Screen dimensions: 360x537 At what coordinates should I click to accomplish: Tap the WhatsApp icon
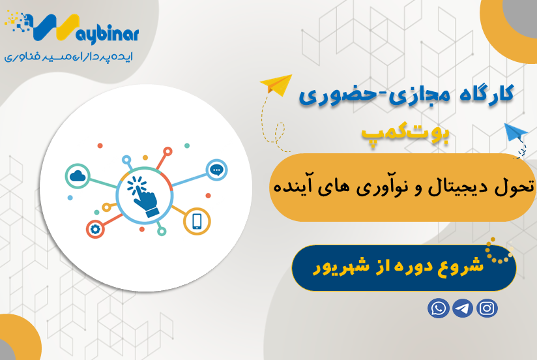[438, 308]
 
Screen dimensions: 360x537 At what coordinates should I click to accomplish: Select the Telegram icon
[463, 308]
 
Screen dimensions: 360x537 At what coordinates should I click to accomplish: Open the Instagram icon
[487, 308]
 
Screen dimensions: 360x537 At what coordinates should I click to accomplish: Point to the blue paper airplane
[515, 134]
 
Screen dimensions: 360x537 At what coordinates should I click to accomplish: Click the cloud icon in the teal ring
[77, 175]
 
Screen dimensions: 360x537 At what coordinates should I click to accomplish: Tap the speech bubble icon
[217, 170]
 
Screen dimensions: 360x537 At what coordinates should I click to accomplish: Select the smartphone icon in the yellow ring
[196, 222]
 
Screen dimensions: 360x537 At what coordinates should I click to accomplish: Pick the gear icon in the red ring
[96, 229]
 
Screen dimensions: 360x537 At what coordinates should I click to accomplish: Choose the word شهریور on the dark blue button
[336, 267]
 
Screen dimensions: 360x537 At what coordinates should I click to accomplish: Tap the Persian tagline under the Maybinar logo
[68, 57]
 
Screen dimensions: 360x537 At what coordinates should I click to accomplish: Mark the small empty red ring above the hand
[167, 151]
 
